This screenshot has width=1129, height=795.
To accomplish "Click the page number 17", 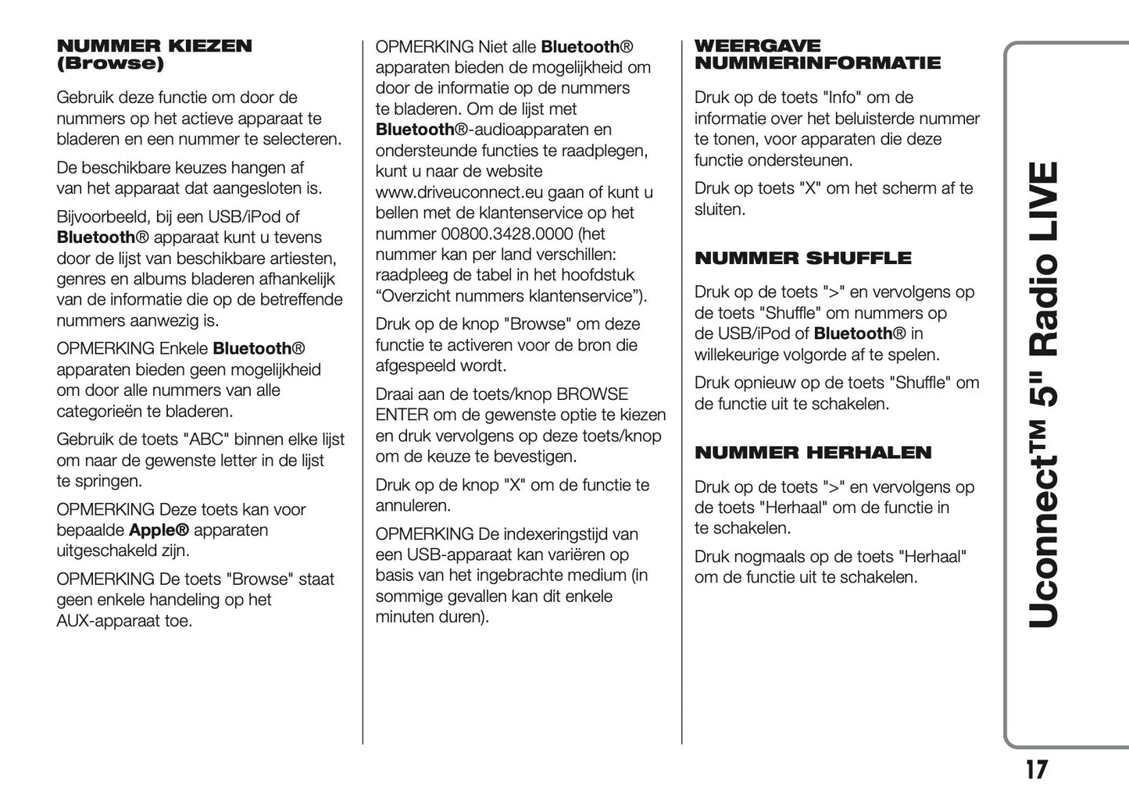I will (x=1036, y=771).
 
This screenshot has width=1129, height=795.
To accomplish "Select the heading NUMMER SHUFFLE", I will (x=802, y=258).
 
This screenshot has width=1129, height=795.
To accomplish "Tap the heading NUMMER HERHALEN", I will (x=813, y=453).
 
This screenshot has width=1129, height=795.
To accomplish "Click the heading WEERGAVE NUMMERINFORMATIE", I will (x=817, y=55).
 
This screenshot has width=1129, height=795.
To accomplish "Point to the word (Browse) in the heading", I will (x=110, y=64).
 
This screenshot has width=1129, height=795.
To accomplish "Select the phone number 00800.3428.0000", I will (x=507, y=234).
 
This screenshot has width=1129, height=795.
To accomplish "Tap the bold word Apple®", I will (x=159, y=530).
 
